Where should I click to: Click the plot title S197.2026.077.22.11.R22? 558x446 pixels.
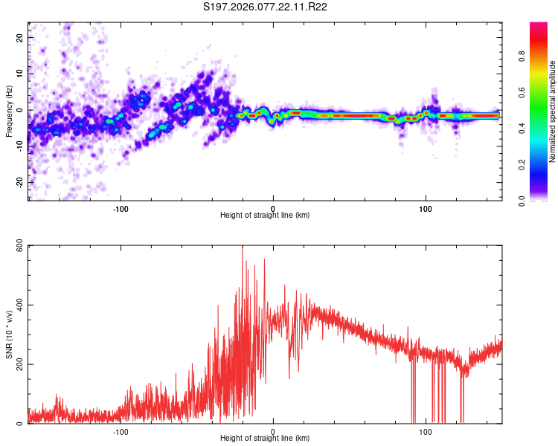point(266,7)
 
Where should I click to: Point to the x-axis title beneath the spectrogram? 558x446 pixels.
point(265,216)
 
